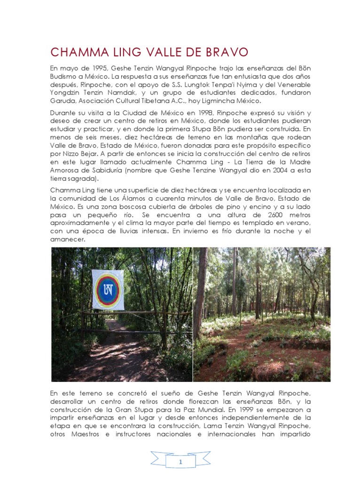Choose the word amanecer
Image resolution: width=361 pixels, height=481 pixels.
[x=67, y=240]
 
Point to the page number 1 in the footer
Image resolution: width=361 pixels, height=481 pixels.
[x=180, y=462]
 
